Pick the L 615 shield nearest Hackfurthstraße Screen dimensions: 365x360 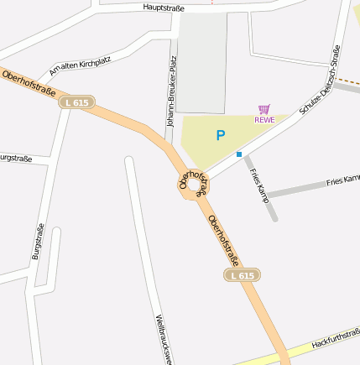[x=242, y=275]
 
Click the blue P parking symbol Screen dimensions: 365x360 [x=221, y=135]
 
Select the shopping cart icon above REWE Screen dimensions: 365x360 [x=264, y=109]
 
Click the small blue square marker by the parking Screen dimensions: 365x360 [x=239, y=154]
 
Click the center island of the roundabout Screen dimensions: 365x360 [x=194, y=184]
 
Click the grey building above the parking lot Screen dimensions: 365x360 [x=201, y=63]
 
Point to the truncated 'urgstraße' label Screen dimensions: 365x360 [x=15, y=158]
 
